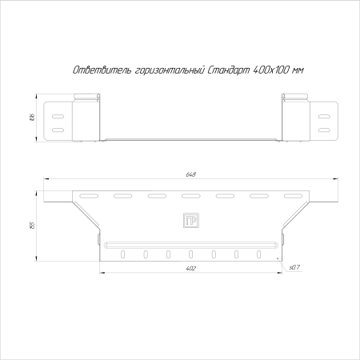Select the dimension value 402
[190, 269]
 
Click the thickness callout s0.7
[294, 266]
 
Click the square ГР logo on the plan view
[190, 222]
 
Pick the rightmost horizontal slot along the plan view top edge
[293, 195]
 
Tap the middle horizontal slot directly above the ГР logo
[190, 195]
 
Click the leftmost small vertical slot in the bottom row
[123, 255]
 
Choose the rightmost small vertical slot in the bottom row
[258, 255]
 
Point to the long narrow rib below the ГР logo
[190, 242]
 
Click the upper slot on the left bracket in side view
[58, 114]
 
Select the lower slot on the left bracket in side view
[58, 128]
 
